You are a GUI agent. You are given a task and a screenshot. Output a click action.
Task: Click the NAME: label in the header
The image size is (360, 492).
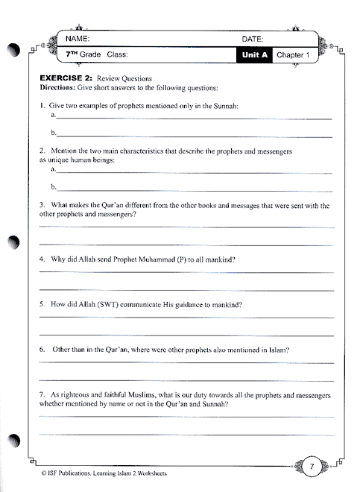(x=78, y=38)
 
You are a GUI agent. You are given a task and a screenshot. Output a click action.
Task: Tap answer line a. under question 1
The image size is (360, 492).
(x=194, y=118)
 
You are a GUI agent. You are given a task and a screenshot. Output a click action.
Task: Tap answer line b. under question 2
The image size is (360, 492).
(x=194, y=188)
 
